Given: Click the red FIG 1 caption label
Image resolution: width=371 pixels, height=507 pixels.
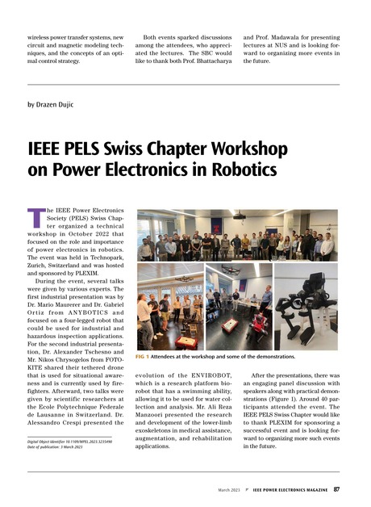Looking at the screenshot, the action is pyautogui.click(x=144, y=355).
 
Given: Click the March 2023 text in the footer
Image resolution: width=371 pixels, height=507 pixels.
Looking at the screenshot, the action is pyautogui.click(x=227, y=489).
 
